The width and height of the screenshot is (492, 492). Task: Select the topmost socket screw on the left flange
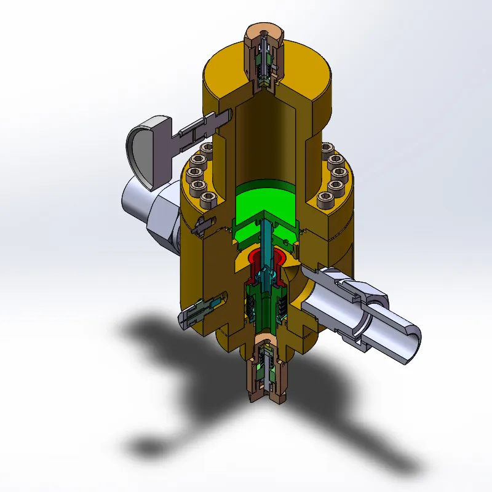coord(205,150)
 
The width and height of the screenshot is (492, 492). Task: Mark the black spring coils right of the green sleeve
coord(279,307)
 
